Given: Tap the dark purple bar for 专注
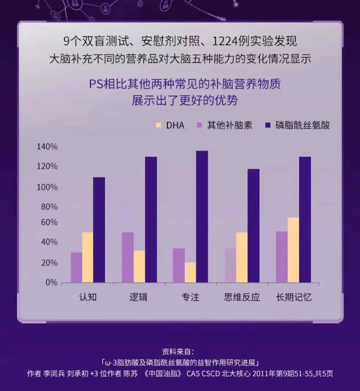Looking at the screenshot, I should point(202,217).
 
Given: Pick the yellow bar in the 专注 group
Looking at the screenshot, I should point(190,272).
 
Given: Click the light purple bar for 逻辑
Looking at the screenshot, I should point(128,257).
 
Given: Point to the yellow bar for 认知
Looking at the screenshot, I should point(87,257).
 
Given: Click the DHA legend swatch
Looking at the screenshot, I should point(158,125).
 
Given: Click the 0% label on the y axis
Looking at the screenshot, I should point(51,283).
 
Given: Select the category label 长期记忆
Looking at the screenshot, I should point(293,298).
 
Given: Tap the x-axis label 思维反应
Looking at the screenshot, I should point(242,298).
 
